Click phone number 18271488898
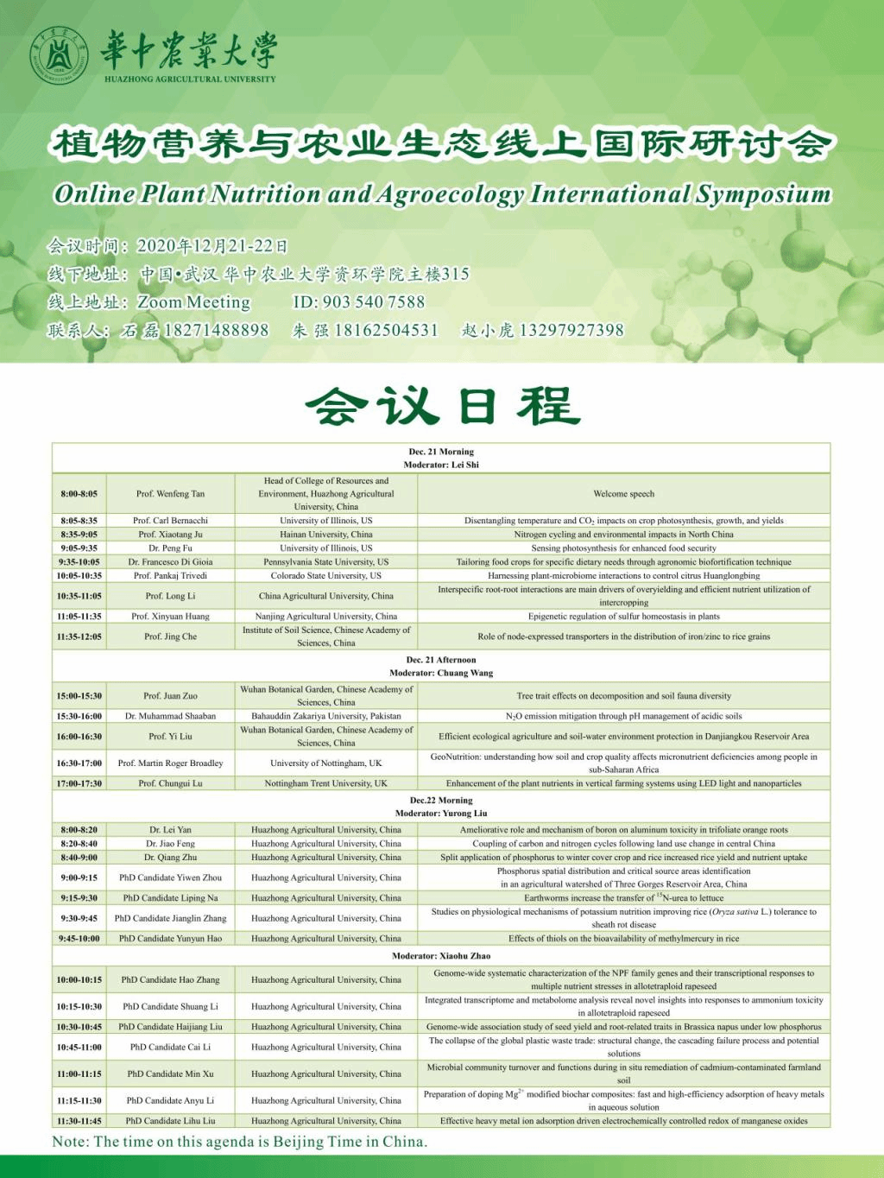pos(216,330)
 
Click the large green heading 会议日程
pos(442,406)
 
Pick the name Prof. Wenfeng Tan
pos(170,494)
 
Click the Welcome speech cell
pos(623,494)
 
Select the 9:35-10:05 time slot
pos(79,562)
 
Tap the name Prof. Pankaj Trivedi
pos(170,576)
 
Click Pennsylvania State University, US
pos(326,562)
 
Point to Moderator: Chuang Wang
pos(441,673)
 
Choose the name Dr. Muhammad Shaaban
pos(170,716)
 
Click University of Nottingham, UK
pos(326,763)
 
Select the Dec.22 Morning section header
pos(441,801)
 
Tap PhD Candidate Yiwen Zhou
pos(170,877)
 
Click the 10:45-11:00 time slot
pos(79,1048)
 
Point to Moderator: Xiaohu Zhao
pos(441,956)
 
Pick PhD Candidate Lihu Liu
pos(170,1121)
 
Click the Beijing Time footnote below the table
pos(240,1142)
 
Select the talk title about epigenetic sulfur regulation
pos(623,617)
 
